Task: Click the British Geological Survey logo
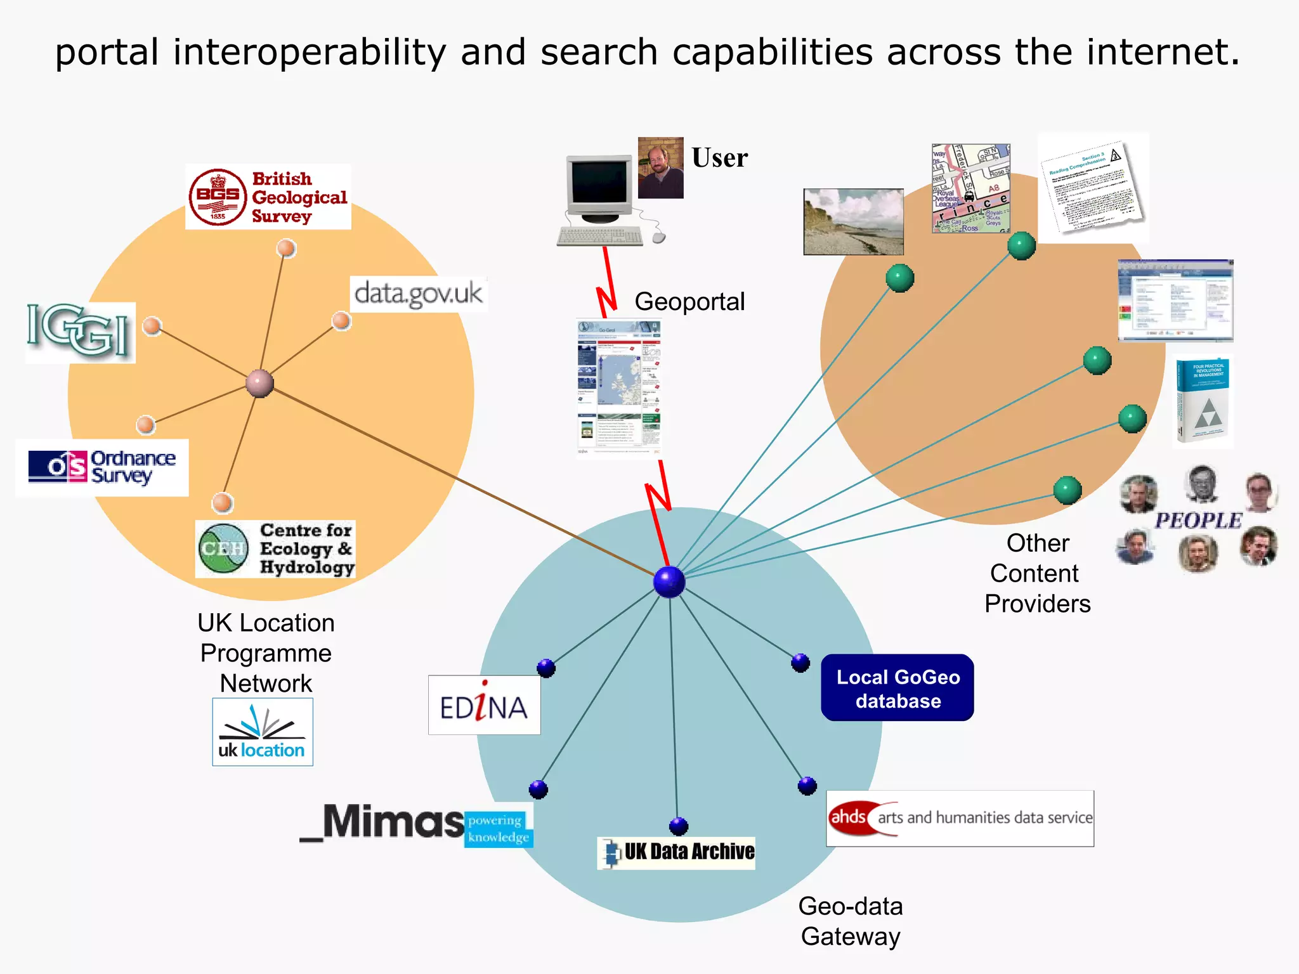pos(268,197)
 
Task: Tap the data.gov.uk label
pos(419,294)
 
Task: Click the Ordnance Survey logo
pos(102,467)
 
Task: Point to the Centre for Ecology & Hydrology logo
pos(275,549)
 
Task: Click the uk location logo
pos(262,732)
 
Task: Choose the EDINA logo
pos(484,705)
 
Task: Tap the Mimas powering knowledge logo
pos(416,824)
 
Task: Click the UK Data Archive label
pos(676,852)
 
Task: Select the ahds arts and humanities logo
pos(960,818)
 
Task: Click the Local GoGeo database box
pos(897,688)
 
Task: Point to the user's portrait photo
pos(660,168)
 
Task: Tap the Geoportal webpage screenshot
pos(619,387)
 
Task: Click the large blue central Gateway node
pos(669,582)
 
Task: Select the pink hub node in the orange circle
pos(259,383)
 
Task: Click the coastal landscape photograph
pos(853,222)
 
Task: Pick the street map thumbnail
pos(970,188)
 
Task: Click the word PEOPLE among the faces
pos(1198,521)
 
